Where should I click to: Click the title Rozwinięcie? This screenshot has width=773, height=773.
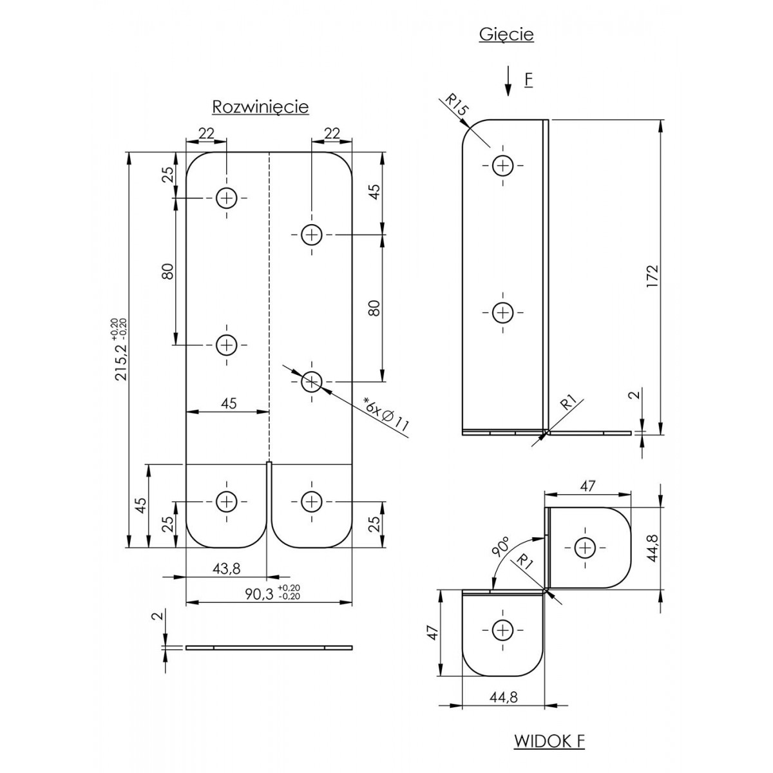(x=260, y=107)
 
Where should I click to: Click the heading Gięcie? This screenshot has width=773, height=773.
(x=506, y=35)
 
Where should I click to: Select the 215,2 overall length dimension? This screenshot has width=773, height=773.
(x=120, y=349)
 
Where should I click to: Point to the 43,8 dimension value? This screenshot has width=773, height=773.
(x=227, y=568)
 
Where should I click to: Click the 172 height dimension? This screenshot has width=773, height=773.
(x=653, y=276)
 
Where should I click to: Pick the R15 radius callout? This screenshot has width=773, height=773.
(x=455, y=106)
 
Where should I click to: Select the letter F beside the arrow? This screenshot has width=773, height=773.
(x=529, y=80)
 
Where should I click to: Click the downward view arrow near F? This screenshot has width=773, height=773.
(x=508, y=81)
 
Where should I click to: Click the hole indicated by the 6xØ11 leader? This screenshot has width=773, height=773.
(x=312, y=381)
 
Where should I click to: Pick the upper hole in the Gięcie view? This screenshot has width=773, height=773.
(x=503, y=166)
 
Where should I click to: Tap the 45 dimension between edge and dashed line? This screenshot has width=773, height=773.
(x=228, y=403)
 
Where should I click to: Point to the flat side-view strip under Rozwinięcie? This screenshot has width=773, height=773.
(x=269, y=648)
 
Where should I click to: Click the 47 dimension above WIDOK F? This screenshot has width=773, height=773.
(x=587, y=486)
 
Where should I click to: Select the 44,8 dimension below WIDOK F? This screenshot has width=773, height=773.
(x=504, y=697)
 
